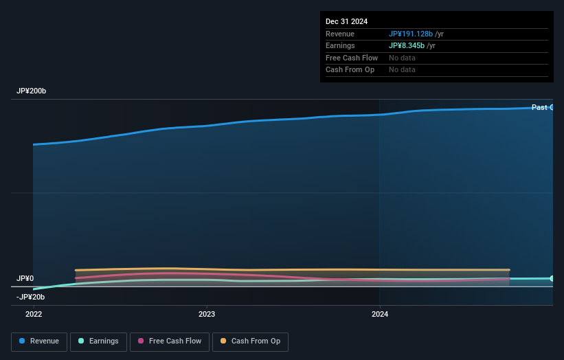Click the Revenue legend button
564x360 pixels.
point(39,341)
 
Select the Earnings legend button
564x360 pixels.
point(98,341)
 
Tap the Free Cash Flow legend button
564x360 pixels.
point(168,341)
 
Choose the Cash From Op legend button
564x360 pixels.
point(250,341)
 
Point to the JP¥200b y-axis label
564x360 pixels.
point(31,91)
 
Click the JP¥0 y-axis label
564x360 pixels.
point(25,278)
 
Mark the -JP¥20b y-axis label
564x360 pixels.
point(31,297)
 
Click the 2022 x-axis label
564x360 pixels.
point(34,315)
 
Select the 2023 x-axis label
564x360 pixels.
point(207,315)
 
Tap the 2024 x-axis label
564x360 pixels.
point(380,315)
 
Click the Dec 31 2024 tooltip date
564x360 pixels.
point(346,22)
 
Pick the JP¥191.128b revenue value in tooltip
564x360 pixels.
point(410,34)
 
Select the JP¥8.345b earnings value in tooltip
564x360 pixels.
point(406,46)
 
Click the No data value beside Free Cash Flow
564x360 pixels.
point(402,58)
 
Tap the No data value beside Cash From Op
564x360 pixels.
point(402,70)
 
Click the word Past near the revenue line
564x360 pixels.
point(539,107)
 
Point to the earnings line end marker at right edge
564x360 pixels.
point(552,278)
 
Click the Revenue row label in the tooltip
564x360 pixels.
point(340,34)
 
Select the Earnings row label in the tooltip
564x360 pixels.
point(340,46)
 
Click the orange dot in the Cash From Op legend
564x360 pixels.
point(223,341)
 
